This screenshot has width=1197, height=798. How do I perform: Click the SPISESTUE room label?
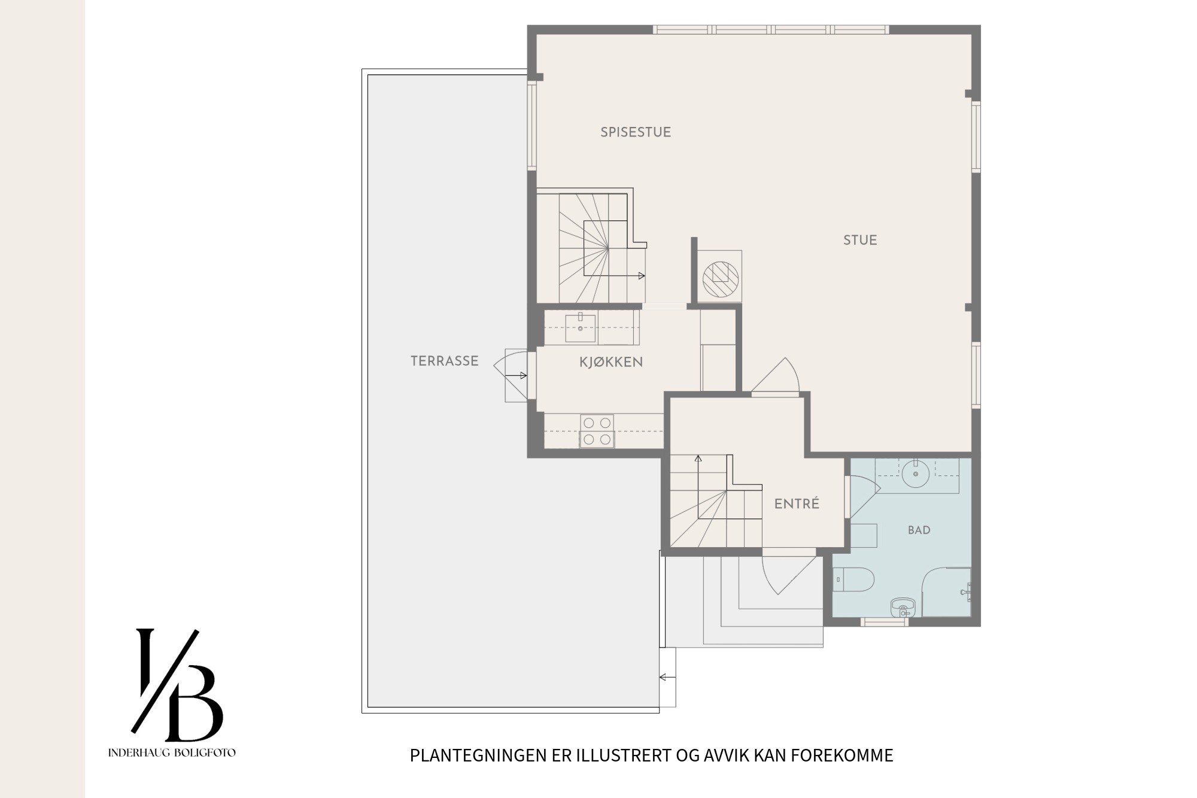[636, 132]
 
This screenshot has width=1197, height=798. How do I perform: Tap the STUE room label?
[860, 240]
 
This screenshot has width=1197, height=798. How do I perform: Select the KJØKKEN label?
[611, 362]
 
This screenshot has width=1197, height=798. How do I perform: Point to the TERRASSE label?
[445, 361]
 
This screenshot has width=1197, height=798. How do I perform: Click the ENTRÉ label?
[797, 504]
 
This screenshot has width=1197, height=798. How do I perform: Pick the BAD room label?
[919, 530]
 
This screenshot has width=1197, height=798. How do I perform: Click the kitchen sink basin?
[581, 329]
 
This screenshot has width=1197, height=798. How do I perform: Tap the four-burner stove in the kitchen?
[597, 431]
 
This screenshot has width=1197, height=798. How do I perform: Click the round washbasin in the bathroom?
[915, 474]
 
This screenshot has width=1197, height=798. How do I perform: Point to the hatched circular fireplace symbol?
[721, 280]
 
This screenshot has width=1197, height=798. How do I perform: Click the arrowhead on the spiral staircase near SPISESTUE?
[642, 276]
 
